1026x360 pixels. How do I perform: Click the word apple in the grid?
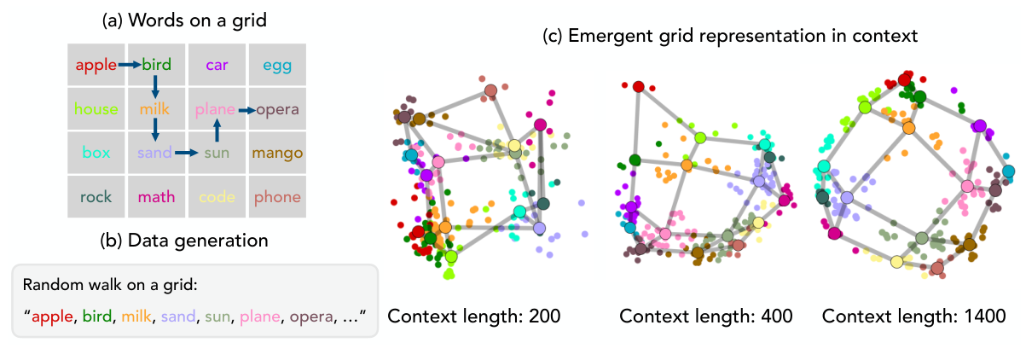tap(96, 65)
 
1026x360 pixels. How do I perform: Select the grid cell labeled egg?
tap(277, 65)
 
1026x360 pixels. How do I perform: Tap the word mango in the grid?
tap(277, 153)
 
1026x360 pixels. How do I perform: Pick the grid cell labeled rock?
tap(96, 197)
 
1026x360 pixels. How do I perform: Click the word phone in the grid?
tap(277, 197)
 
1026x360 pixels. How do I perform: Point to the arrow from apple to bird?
tap(130, 65)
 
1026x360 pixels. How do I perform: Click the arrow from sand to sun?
tap(187, 153)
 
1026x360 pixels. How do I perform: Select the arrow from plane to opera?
tap(246, 110)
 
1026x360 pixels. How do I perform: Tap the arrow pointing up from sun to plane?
tap(217, 130)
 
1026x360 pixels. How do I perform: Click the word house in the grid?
tap(96, 109)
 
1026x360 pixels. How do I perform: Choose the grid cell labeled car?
tap(217, 65)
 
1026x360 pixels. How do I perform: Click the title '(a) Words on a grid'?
tap(184, 20)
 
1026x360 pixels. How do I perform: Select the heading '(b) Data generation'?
tap(184, 241)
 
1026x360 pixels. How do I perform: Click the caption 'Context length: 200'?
tap(474, 316)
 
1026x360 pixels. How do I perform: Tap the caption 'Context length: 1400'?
tap(913, 316)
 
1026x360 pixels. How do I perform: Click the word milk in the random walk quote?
tap(136, 316)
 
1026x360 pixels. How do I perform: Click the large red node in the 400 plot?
tap(639, 86)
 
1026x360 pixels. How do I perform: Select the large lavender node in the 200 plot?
tap(540, 228)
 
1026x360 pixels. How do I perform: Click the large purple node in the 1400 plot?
tap(980, 125)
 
